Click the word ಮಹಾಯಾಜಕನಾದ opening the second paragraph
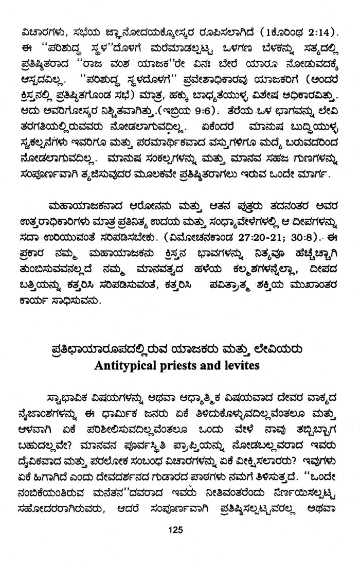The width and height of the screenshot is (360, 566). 79,207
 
